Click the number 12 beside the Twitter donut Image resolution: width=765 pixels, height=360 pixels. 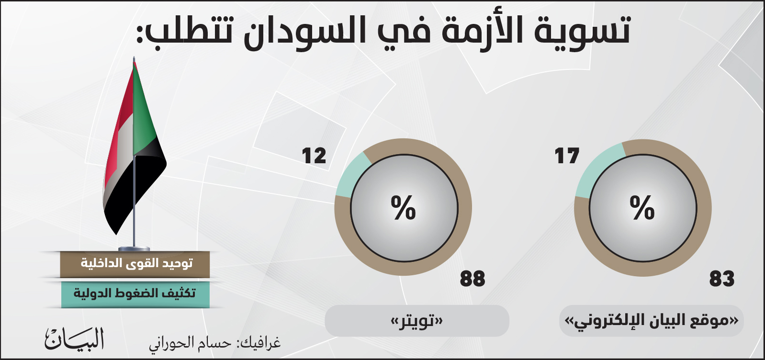point(314,156)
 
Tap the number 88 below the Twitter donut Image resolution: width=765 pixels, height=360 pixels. point(472,278)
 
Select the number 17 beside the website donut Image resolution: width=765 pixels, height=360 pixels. point(567,156)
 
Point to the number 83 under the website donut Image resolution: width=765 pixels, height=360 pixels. point(721,278)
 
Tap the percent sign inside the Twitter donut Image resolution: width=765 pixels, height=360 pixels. point(404,207)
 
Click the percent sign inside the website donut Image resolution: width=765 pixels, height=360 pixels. point(642,207)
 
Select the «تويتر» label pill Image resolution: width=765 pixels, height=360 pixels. point(417,321)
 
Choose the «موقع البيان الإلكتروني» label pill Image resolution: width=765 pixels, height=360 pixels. point(651,321)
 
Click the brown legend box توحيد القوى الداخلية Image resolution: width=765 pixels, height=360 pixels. point(135,264)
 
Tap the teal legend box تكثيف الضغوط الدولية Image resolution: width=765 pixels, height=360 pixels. point(135,294)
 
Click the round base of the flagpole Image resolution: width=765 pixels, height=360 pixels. point(134,248)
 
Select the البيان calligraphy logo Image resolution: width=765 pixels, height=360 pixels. point(74,338)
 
